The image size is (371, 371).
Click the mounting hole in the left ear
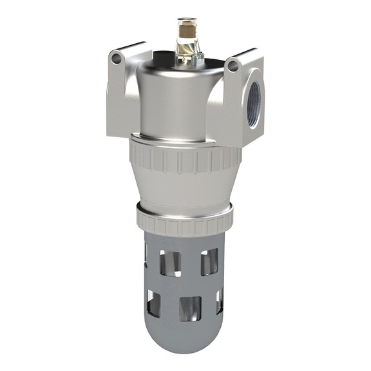(x=117, y=59)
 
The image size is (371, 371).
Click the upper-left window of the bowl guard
(x=172, y=263)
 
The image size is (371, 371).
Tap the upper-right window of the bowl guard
(x=211, y=262)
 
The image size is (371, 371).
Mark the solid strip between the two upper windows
(x=191, y=263)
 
